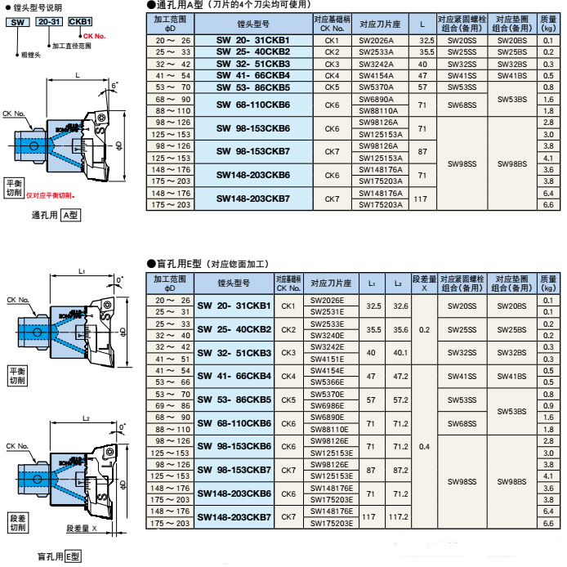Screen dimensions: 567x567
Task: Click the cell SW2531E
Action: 331,312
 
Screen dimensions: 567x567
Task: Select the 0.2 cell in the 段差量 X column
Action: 424,330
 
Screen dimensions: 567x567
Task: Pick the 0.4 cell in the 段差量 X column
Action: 424,447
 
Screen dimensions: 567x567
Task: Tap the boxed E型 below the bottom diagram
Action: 74,556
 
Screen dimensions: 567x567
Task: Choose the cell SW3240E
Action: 331,336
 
